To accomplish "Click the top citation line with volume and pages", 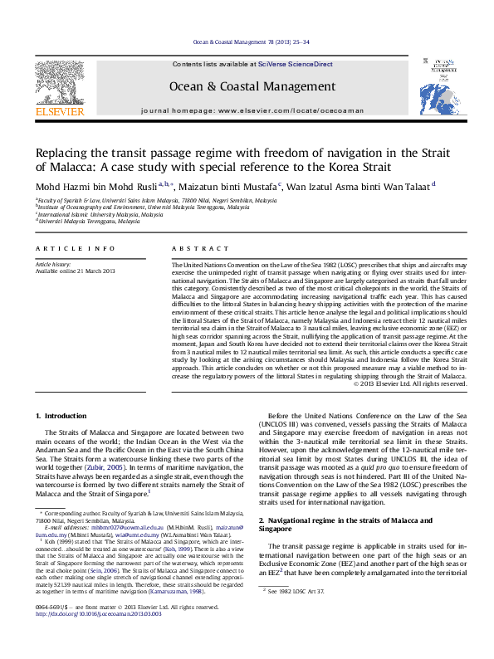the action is coord(247,41).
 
